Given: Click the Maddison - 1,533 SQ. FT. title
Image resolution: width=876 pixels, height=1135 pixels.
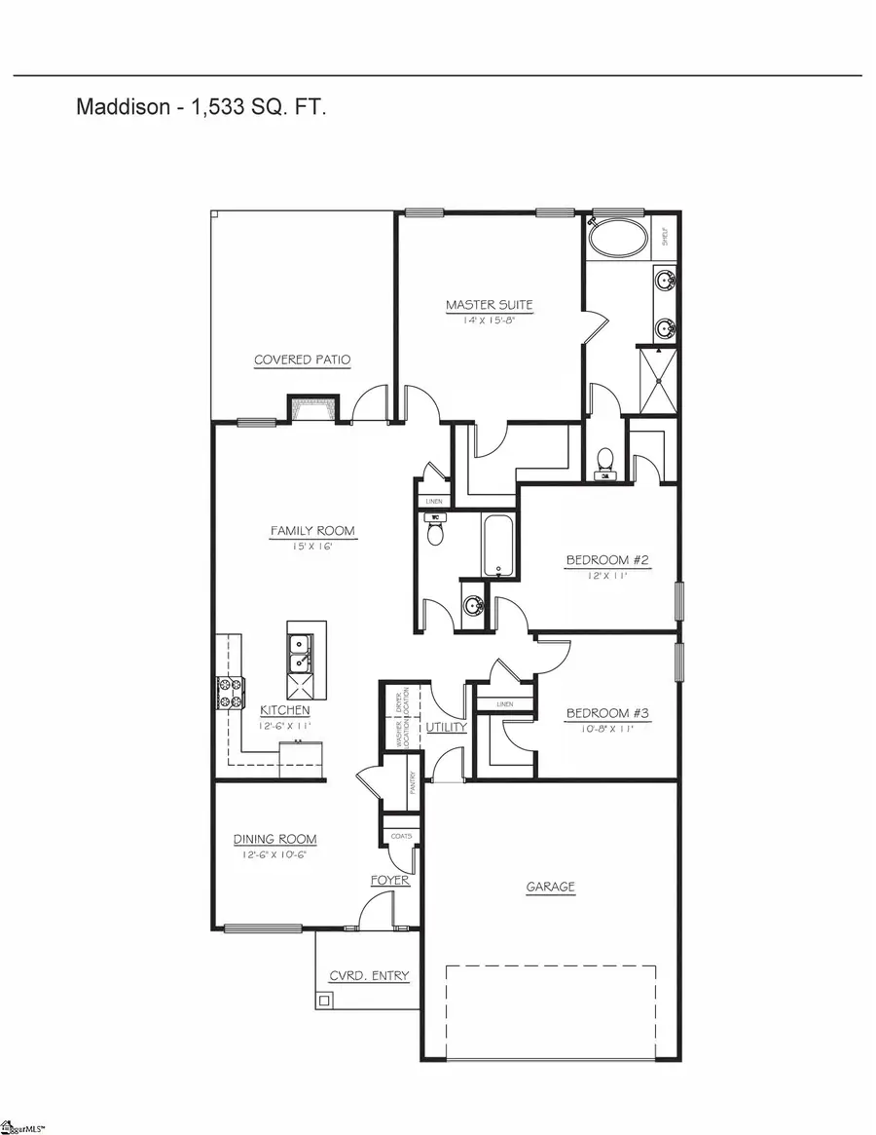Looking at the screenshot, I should pos(201,107).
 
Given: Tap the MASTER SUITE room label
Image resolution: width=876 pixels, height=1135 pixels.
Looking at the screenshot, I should pos(490,305).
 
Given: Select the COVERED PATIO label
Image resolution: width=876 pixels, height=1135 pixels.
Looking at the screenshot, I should pos(302,359).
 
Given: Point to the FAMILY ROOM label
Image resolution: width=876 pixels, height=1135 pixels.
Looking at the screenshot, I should pos(312,531).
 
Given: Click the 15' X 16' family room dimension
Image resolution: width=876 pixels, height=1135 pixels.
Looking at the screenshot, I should pos(312,547).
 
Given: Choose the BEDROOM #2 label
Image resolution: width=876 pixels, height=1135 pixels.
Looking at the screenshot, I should pos(607,560).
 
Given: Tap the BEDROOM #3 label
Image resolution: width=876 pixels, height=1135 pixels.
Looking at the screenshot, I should pos(607,712).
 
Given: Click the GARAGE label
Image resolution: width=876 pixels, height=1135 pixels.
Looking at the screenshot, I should pos(551,887).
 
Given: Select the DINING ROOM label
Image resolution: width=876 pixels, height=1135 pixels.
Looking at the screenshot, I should pos(274,839).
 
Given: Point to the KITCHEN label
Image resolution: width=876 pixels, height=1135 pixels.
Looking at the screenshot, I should pos(284,710).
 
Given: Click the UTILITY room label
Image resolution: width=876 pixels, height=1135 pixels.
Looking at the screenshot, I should pos(447,727).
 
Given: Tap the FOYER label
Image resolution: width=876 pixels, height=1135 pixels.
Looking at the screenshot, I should pos(389,881).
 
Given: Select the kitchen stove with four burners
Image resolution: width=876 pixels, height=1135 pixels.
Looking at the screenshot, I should pos(230,691).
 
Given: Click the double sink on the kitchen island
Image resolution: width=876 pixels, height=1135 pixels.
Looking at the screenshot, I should pos(300,653).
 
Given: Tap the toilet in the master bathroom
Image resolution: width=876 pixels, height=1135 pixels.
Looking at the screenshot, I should pos(605,460).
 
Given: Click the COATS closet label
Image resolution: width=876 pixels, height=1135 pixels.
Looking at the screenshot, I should pos(401,836).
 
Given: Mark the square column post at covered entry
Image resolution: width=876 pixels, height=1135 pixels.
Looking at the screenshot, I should pos(324,1000).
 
